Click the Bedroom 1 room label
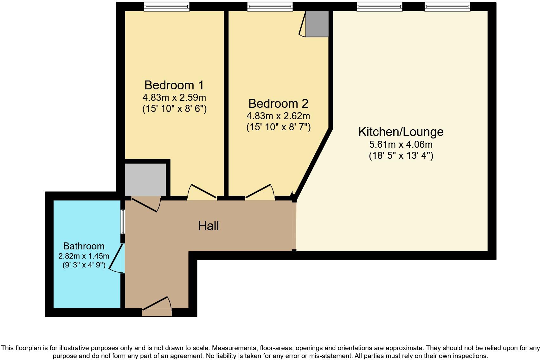(x=174, y=85)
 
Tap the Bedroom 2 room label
(x=278, y=104)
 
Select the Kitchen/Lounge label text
(x=401, y=132)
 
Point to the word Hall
(x=208, y=226)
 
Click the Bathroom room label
(x=84, y=246)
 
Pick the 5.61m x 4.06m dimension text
(x=401, y=145)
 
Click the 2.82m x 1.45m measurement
(x=84, y=256)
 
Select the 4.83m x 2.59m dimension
(x=174, y=97)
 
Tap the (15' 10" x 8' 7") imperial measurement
(x=278, y=127)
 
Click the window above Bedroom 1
(x=167, y=7)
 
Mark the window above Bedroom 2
(x=270, y=7)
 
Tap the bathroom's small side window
(x=122, y=222)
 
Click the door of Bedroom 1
(x=202, y=192)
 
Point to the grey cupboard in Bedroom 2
(x=317, y=24)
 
